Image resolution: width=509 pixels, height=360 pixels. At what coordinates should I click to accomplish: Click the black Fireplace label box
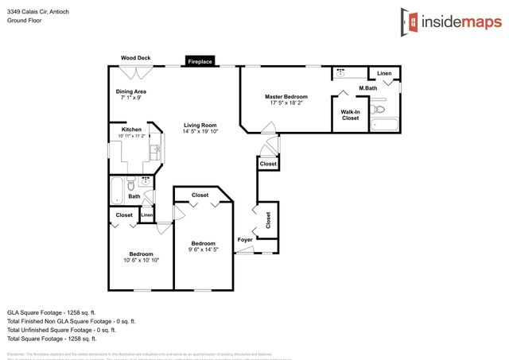(200, 60)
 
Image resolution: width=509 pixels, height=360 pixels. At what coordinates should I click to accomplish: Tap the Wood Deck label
(136, 58)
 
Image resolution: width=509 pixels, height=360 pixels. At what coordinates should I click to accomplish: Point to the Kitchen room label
(131, 130)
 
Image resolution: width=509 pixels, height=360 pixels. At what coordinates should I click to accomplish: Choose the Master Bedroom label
(286, 97)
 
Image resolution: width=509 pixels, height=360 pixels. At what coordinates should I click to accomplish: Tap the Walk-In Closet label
(351, 114)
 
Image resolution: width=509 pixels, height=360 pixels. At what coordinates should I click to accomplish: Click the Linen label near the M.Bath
(385, 73)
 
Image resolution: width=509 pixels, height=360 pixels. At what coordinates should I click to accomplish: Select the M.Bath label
(367, 88)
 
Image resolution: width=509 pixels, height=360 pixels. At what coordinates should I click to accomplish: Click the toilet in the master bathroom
(380, 110)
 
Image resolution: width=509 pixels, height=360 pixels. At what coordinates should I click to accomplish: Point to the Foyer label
(245, 239)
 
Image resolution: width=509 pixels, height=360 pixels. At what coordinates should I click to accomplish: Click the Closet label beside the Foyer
(268, 220)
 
